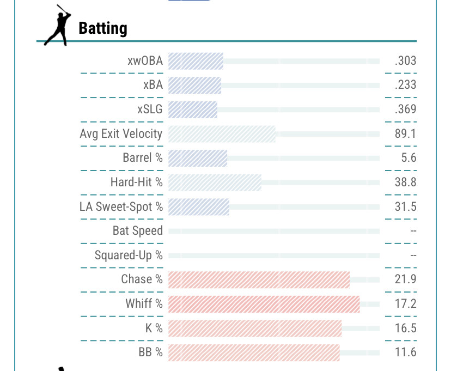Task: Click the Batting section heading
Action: pyautogui.click(x=103, y=28)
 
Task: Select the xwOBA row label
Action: pyautogui.click(x=145, y=61)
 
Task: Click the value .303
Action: pyautogui.click(x=405, y=61)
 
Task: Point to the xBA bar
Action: pyautogui.click(x=195, y=85)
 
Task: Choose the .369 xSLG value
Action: pyautogui.click(x=405, y=109)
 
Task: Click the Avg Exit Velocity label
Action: pyautogui.click(x=121, y=133)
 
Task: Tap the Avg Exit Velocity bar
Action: pyautogui.click(x=222, y=133)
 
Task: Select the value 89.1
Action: pyautogui.click(x=405, y=133)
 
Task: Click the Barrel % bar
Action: pyautogui.click(x=198, y=158)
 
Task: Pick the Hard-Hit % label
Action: pyautogui.click(x=136, y=182)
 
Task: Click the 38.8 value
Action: pyautogui.click(x=405, y=182)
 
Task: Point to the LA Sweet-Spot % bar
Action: pyautogui.click(x=199, y=206)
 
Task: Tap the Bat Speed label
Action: pyautogui.click(x=137, y=230)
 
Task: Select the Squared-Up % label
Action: pyautogui.click(x=129, y=255)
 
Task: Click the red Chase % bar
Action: pyautogui.click(x=259, y=279)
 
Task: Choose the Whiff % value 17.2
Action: pyautogui.click(x=405, y=303)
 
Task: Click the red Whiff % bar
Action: pyautogui.click(x=264, y=303)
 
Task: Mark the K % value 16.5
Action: pyautogui.click(x=405, y=328)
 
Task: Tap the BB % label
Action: pyautogui.click(x=150, y=352)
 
